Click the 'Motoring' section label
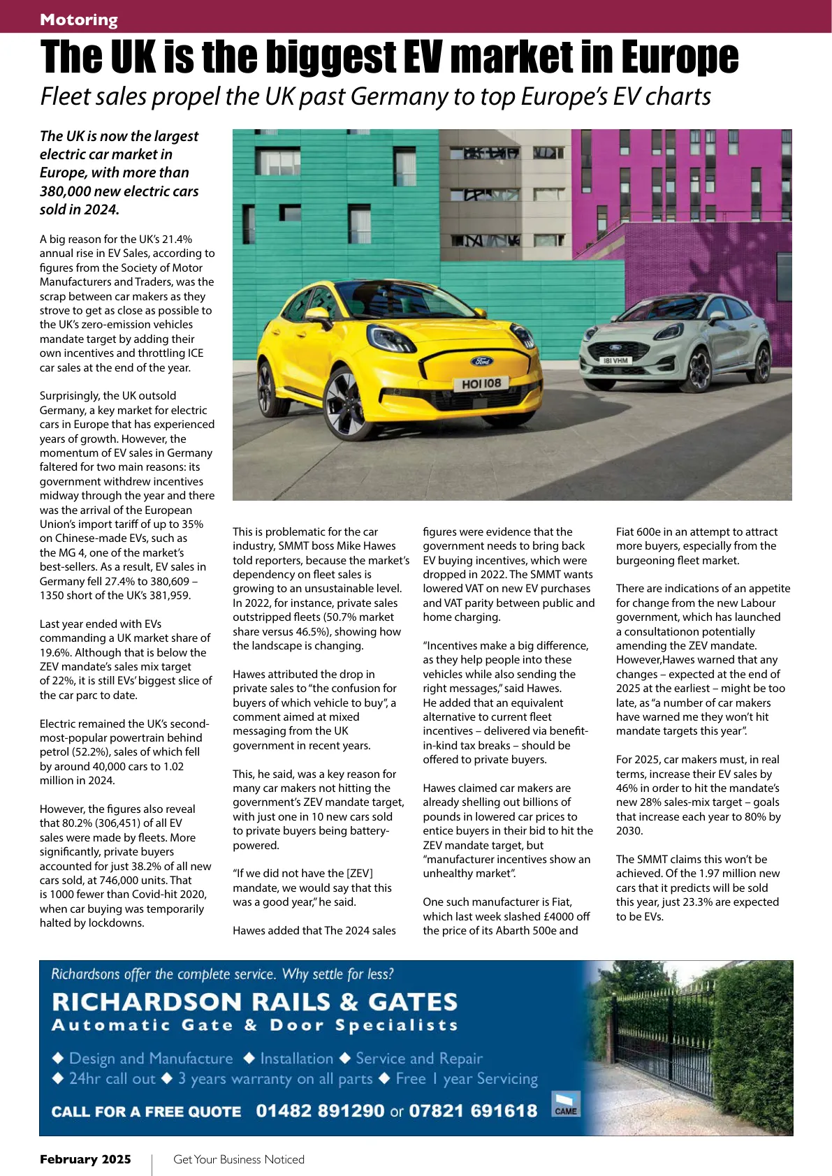click(79, 20)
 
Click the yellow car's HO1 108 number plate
click(481, 383)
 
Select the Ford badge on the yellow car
click(481, 361)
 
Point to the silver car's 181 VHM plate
click(615, 360)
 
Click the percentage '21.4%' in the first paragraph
click(177, 239)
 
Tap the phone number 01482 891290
click(320, 1110)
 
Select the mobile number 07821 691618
click(473, 1110)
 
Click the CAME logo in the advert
click(566, 1104)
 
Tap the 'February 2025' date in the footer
click(85, 1159)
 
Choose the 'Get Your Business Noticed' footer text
click(239, 1159)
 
